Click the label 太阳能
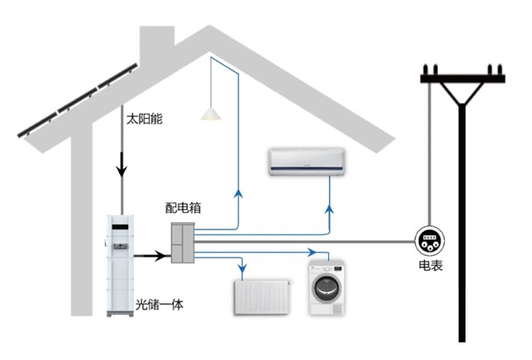pos(144,119)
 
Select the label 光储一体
pos(158,305)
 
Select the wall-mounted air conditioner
pos(305,161)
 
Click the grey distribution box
pos(183,242)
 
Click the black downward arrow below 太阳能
pos(121,170)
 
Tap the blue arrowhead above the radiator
pos(242,268)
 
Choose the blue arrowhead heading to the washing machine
pos(313,249)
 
